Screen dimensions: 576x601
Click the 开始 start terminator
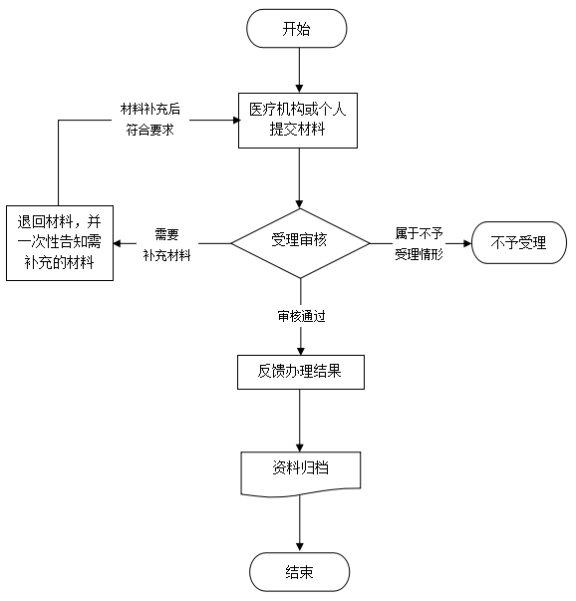[x=297, y=28]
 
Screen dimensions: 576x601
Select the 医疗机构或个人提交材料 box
[x=298, y=121]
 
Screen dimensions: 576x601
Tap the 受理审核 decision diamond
[x=300, y=243]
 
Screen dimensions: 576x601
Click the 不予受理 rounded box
[x=519, y=242]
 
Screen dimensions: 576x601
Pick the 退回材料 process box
[x=60, y=243]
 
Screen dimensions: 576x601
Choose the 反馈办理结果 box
[x=300, y=372]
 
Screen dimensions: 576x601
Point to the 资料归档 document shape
[x=300, y=474]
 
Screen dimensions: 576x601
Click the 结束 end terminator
[x=300, y=572]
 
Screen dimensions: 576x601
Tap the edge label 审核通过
[x=301, y=316]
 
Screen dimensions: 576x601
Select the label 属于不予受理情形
[x=419, y=244]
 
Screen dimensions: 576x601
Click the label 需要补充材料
[x=167, y=244]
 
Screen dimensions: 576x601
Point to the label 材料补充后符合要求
[x=150, y=120]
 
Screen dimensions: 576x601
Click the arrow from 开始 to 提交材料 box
[x=299, y=70]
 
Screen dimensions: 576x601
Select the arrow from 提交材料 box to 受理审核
[x=299, y=178]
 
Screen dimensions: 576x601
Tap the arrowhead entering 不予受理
[x=467, y=243]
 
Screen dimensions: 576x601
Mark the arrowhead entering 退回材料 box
[x=118, y=243]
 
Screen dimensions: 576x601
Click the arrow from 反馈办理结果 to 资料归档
[x=300, y=421]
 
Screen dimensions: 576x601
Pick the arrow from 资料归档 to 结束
[x=300, y=524]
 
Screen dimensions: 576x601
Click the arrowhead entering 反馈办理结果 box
[x=301, y=351]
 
